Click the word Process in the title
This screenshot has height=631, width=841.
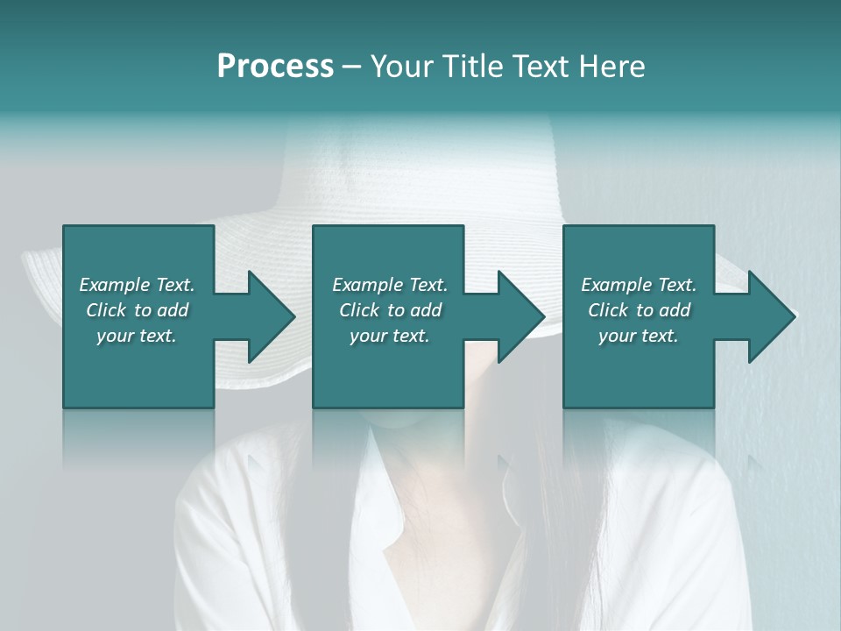point(275,67)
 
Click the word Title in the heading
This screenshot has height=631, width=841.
point(470,67)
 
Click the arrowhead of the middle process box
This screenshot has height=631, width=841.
point(519,316)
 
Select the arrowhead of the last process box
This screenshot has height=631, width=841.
point(770,316)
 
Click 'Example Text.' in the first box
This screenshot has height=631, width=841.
point(137,284)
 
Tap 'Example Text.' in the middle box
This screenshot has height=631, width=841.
point(390,284)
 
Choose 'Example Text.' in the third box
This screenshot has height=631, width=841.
point(639,284)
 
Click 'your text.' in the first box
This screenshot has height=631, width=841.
point(137,336)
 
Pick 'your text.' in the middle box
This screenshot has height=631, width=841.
point(390,336)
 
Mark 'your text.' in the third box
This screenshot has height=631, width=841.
point(639,336)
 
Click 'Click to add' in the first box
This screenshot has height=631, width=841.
point(137,310)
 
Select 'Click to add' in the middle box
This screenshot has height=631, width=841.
point(390,310)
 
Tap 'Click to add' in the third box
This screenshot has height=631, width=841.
point(639,310)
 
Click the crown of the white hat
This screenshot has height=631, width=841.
point(420,167)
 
